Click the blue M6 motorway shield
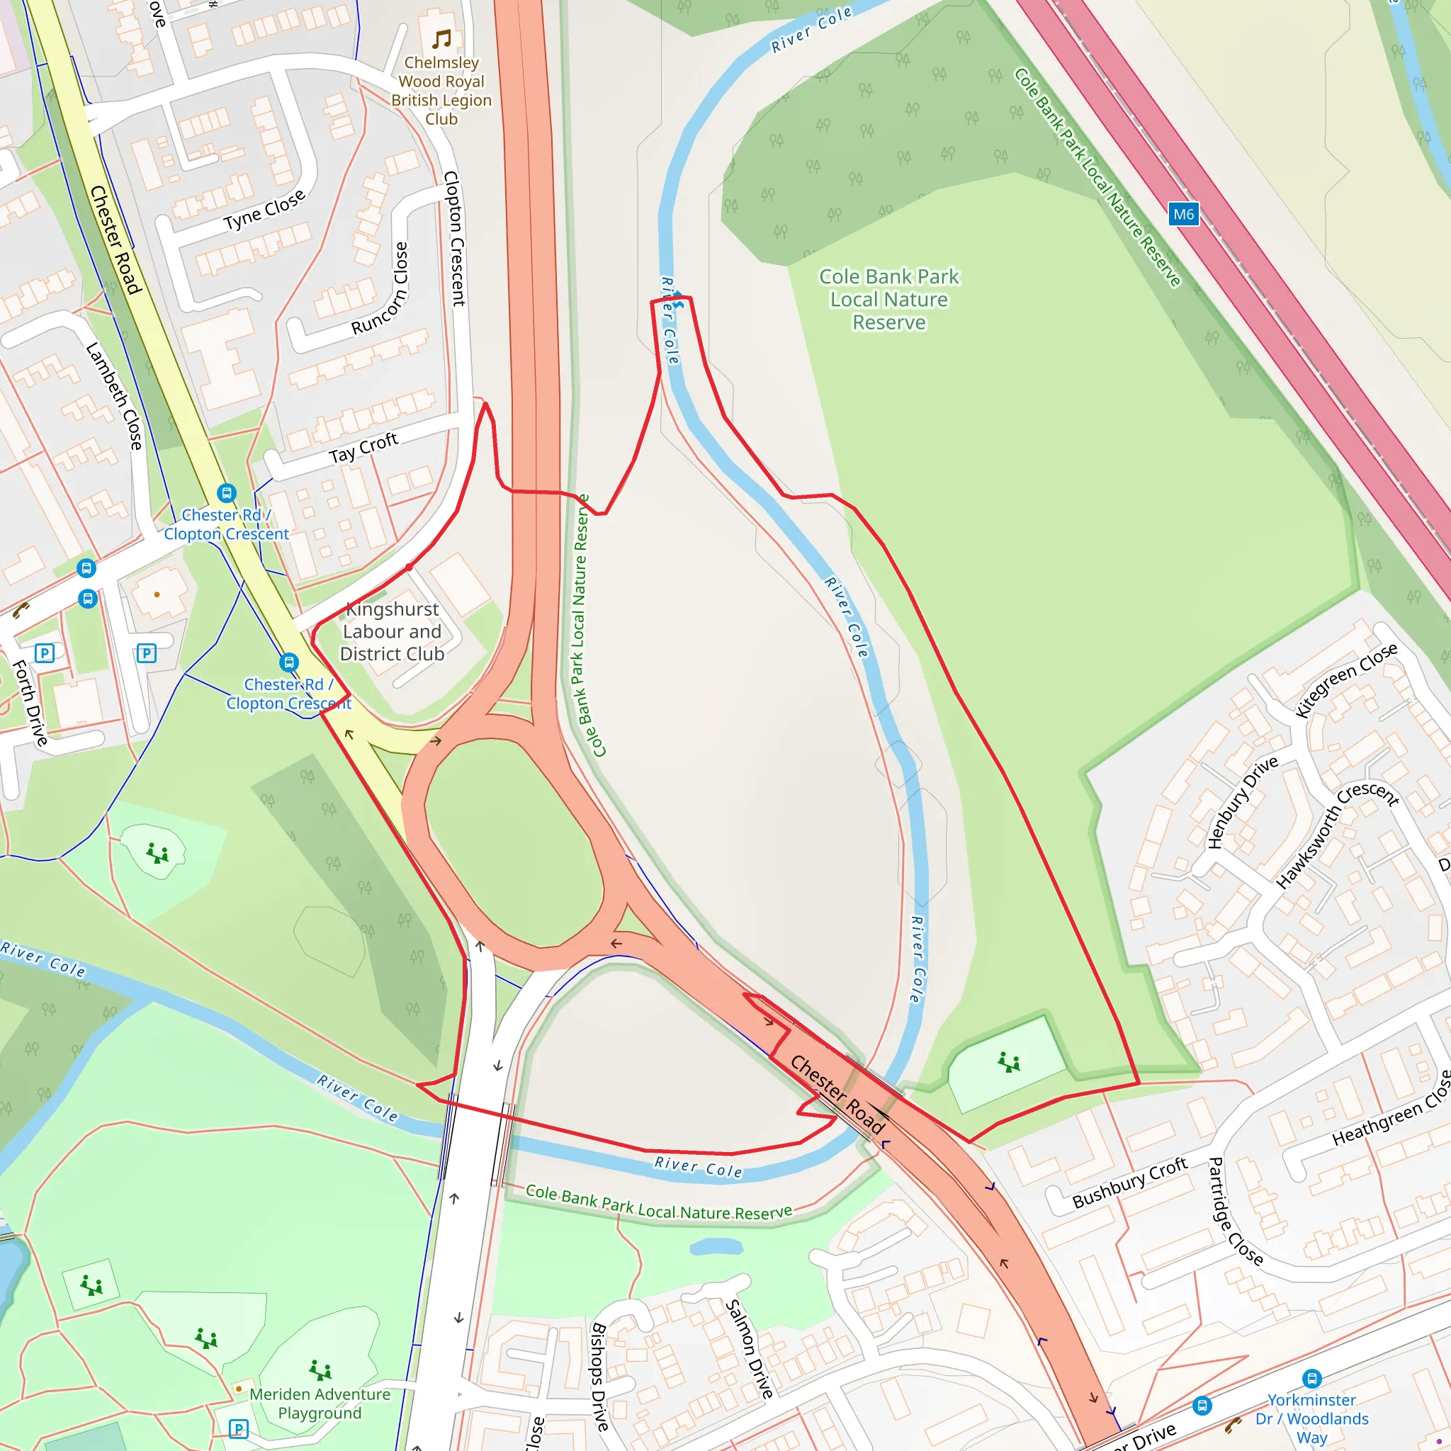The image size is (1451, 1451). (x=1183, y=214)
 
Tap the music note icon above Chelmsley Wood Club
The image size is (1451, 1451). (x=441, y=38)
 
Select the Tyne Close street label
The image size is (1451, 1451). (x=264, y=210)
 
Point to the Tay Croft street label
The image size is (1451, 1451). (x=363, y=448)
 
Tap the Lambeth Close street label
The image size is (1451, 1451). (x=114, y=396)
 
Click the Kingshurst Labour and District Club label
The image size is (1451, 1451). (x=392, y=631)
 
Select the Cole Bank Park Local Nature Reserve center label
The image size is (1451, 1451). (x=888, y=299)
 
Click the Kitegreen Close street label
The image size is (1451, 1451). (x=1347, y=679)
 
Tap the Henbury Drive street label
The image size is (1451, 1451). (x=1242, y=801)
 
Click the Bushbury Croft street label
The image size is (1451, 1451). (x=1129, y=1182)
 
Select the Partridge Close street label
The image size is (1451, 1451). (x=1235, y=1211)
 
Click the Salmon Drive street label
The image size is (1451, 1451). (x=749, y=1349)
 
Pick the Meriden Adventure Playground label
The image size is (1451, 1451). (x=320, y=1403)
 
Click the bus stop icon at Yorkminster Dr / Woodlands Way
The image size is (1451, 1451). (x=1311, y=1378)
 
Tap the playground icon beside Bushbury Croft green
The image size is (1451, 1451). (x=1009, y=1062)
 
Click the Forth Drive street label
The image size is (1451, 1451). (x=30, y=702)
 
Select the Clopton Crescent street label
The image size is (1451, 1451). (x=454, y=238)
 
